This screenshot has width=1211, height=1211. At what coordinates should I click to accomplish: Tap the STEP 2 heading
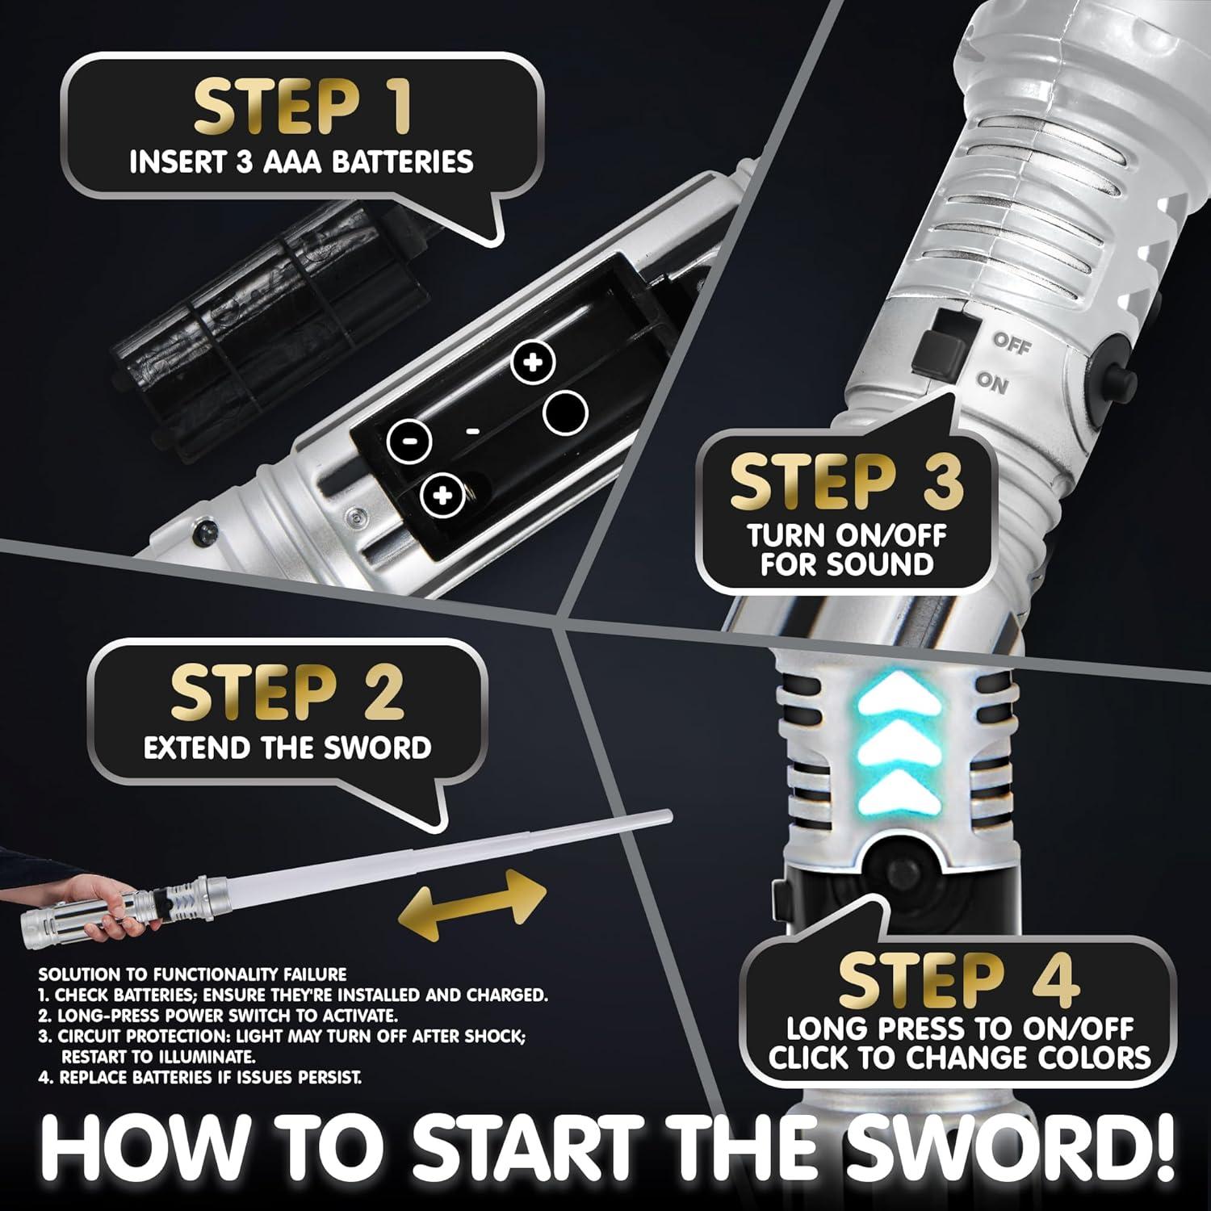[x=287, y=693]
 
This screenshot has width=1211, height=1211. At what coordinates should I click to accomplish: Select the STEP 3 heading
[x=847, y=482]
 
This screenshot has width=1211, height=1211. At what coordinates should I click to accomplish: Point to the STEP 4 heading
[x=959, y=980]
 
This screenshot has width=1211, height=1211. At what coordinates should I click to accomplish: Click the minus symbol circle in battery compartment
[x=409, y=440]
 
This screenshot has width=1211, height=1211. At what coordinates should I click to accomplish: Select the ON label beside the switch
[x=992, y=383]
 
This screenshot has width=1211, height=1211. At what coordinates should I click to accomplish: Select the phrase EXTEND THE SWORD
[x=287, y=748]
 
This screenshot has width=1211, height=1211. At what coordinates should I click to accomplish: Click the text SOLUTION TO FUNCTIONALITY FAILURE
[x=192, y=974]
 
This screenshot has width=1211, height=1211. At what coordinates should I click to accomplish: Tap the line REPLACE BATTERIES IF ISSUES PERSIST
[x=200, y=1077]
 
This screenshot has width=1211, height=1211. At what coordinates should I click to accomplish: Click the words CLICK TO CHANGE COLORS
[x=959, y=1057]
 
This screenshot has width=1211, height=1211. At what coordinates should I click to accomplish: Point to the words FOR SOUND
[x=847, y=564]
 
